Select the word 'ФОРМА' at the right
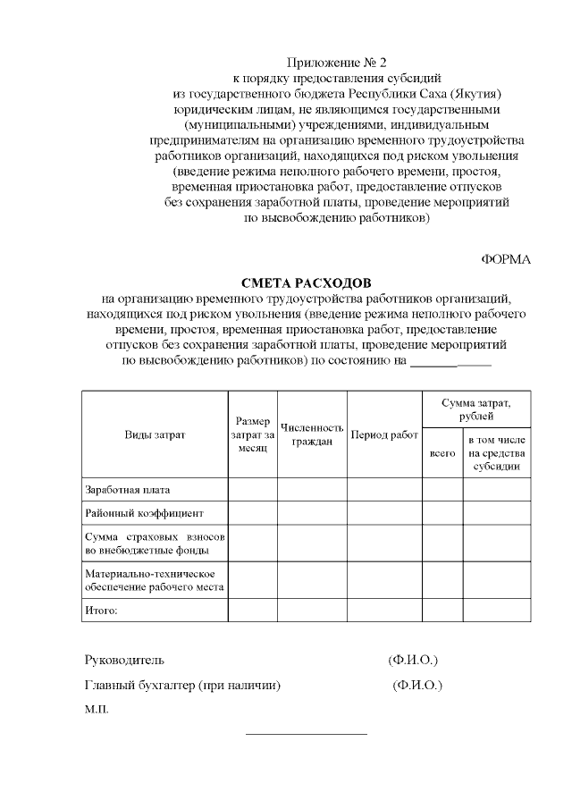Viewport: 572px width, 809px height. coord(506,259)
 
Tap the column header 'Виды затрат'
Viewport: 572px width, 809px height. coord(155,434)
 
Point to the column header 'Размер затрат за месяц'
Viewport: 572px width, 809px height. coord(252,434)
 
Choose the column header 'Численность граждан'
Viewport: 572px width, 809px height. coord(312,434)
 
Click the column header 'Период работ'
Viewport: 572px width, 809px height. coord(384,434)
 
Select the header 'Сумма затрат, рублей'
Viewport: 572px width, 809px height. coord(476,410)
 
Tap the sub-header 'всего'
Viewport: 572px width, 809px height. coord(442,454)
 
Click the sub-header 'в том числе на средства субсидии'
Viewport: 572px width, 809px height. coord(497,454)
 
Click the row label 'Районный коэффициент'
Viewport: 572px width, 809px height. coord(145,514)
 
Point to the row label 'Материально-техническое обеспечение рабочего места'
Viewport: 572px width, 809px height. coord(154,580)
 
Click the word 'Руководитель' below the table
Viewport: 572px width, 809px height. coord(124,661)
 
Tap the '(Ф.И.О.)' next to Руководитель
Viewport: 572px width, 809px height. coord(413,661)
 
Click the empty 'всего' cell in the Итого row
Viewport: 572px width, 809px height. coord(442,611)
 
